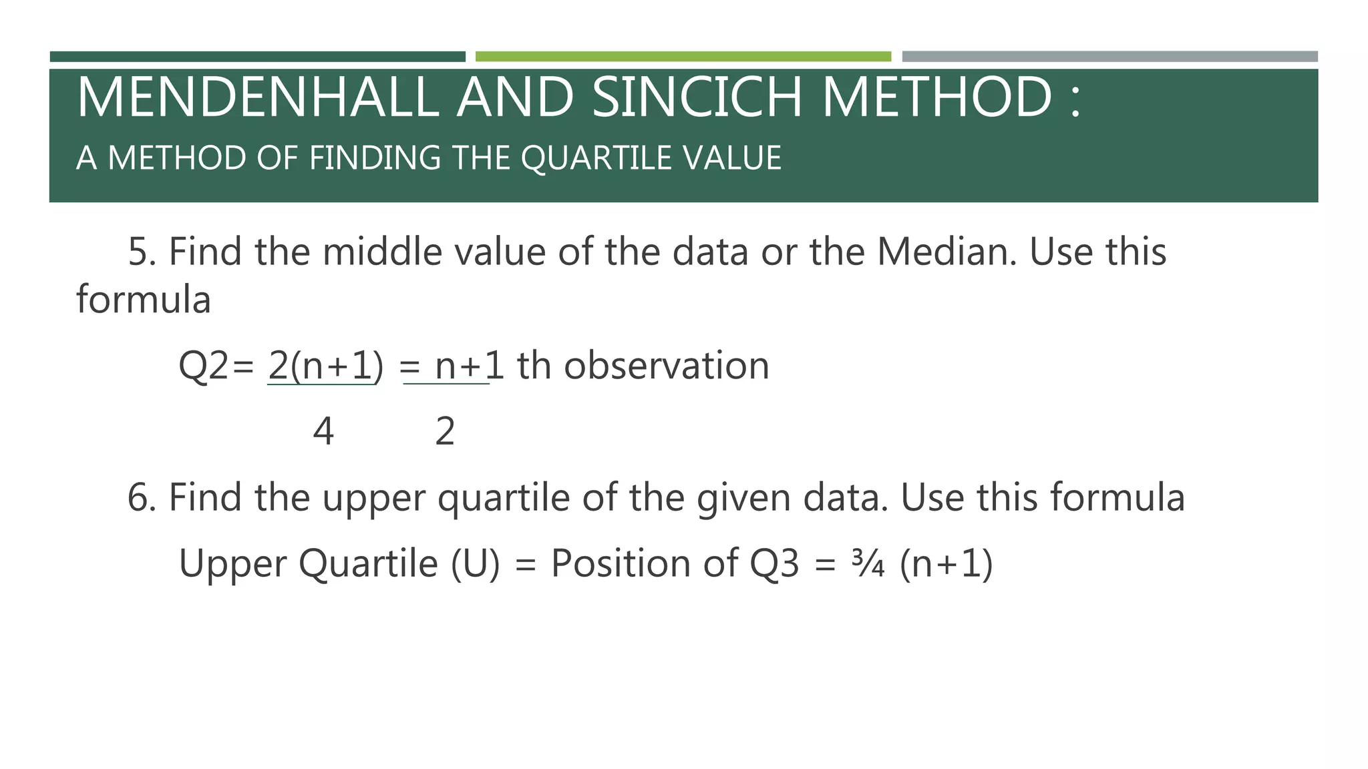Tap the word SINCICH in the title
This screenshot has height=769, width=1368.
pos(697,97)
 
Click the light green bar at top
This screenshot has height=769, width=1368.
pos(683,57)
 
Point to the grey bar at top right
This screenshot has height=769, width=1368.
pos(1109,57)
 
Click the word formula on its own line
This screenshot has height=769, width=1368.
pos(144,300)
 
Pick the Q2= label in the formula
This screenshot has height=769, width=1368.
pos(216,366)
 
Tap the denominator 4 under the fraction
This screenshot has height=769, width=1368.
pos(323,432)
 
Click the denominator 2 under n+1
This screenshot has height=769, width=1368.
pos(445,432)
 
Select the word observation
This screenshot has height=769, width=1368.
pos(666,366)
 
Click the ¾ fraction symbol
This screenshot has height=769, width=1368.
pos(868,564)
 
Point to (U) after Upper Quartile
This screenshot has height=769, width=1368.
pos(475,564)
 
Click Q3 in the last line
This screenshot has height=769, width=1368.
pos(774,564)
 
